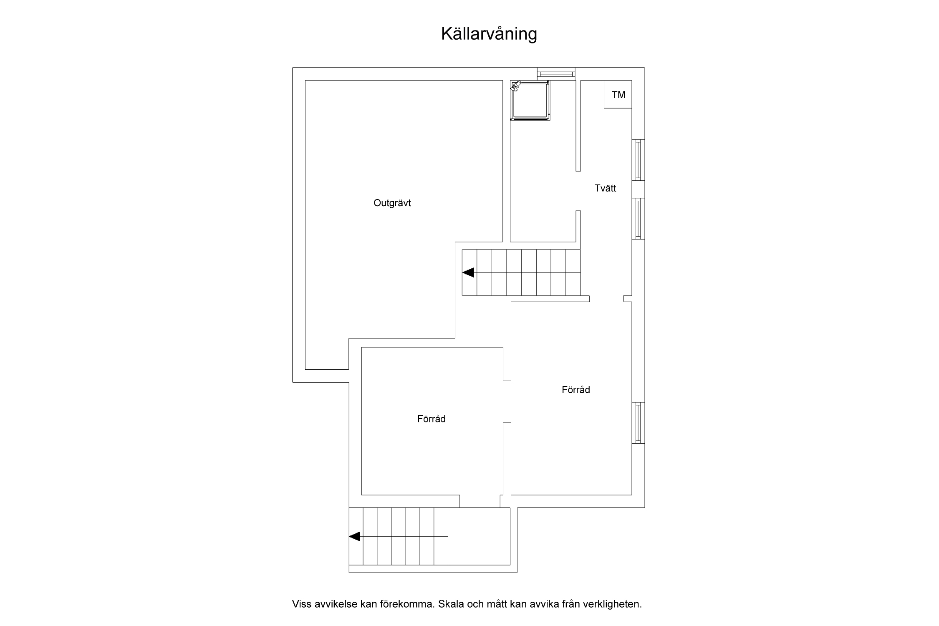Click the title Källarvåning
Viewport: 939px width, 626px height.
tap(489, 34)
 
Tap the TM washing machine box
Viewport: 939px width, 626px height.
tap(618, 94)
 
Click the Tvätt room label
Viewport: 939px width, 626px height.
tap(605, 188)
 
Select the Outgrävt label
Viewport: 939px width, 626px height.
tap(392, 203)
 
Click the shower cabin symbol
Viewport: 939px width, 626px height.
tap(530, 101)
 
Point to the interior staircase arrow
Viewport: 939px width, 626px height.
tap(468, 273)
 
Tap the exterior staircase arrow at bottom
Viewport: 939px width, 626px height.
tap(355, 537)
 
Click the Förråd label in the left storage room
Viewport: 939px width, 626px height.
tap(431, 419)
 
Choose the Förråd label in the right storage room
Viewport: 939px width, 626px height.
tap(576, 390)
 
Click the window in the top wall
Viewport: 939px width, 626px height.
tap(556, 74)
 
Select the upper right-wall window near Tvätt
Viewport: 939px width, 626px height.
tap(638, 160)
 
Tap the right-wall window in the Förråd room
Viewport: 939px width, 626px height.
tap(638, 422)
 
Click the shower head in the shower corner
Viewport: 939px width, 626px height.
tap(516, 86)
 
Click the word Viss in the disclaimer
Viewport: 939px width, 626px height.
tap(301, 604)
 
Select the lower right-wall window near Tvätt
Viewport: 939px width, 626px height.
tap(638, 219)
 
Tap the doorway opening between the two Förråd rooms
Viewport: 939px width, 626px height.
tap(507, 401)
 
